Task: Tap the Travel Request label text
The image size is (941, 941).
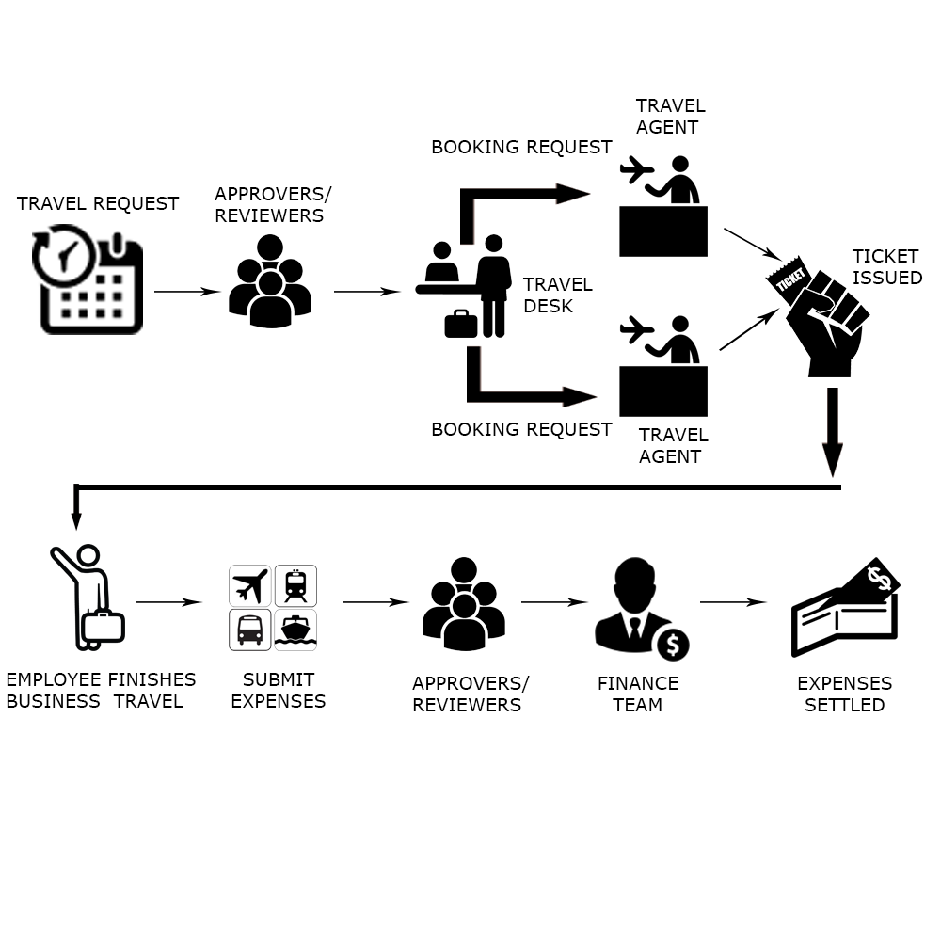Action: [x=98, y=203]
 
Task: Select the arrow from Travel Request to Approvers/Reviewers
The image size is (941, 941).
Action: [x=186, y=292]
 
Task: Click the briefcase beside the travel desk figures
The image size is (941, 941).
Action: [x=461, y=323]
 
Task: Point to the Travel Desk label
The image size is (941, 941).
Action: [x=557, y=295]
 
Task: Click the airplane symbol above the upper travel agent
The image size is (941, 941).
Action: [x=637, y=171]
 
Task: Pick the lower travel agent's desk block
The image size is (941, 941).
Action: [x=663, y=391]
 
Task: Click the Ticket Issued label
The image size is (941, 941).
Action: [x=886, y=267]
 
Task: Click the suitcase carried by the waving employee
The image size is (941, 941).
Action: [x=103, y=626]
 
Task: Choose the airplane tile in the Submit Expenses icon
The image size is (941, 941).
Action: [x=250, y=585]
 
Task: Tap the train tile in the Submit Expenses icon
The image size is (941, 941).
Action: [x=295, y=585]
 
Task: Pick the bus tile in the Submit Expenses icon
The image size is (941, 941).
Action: [x=250, y=630]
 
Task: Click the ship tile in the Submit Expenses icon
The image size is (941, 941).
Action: [x=295, y=630]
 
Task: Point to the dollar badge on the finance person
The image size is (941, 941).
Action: [x=672, y=645]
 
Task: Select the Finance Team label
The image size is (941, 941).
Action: [x=638, y=694]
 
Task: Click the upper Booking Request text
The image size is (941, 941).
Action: [x=521, y=147]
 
